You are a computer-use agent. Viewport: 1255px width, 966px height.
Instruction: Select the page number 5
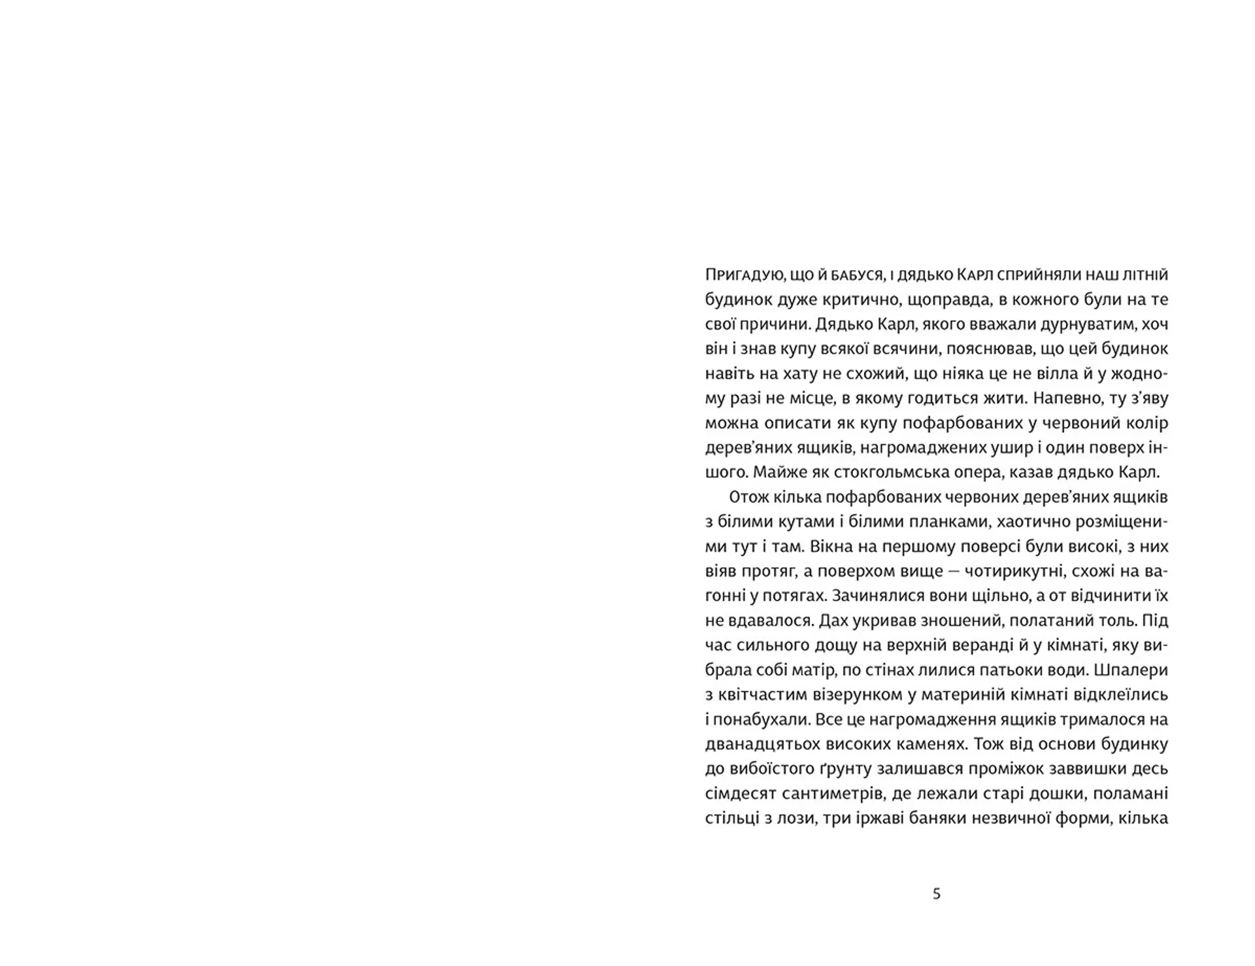pos(937,893)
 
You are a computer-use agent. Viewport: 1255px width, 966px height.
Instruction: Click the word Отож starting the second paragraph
pos(749,497)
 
